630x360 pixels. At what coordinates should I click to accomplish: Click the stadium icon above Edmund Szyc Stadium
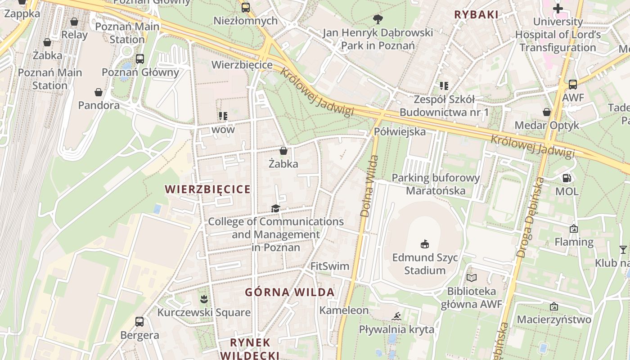pyautogui.click(x=424, y=244)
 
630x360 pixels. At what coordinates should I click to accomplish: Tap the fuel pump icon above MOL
pyautogui.click(x=567, y=178)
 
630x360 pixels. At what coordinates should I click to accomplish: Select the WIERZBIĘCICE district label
pyautogui.click(x=207, y=189)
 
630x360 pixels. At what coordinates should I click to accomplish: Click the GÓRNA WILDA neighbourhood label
pyautogui.click(x=290, y=292)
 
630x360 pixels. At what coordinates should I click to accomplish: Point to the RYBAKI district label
pyautogui.click(x=476, y=15)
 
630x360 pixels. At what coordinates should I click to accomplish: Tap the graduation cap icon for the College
pyautogui.click(x=275, y=208)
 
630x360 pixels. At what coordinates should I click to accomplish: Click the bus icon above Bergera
pyautogui.click(x=139, y=322)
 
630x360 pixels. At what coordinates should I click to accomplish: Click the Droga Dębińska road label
pyautogui.click(x=531, y=217)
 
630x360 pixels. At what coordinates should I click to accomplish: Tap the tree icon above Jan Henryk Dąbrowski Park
pyautogui.click(x=378, y=19)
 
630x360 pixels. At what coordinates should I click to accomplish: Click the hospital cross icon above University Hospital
pyautogui.click(x=558, y=9)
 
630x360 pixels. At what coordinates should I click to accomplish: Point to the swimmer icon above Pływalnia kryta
pyautogui.click(x=396, y=316)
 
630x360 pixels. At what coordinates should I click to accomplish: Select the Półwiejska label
pyautogui.click(x=400, y=132)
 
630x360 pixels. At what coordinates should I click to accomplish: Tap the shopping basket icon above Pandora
pyautogui.click(x=99, y=93)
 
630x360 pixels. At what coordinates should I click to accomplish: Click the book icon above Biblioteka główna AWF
pyautogui.click(x=471, y=278)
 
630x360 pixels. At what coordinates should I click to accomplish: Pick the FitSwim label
pyautogui.click(x=330, y=266)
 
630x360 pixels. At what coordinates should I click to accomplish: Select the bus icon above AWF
pyautogui.click(x=572, y=84)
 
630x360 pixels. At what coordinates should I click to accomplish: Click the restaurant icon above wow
pyautogui.click(x=223, y=117)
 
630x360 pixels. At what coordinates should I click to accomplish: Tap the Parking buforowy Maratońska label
pyautogui.click(x=436, y=184)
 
